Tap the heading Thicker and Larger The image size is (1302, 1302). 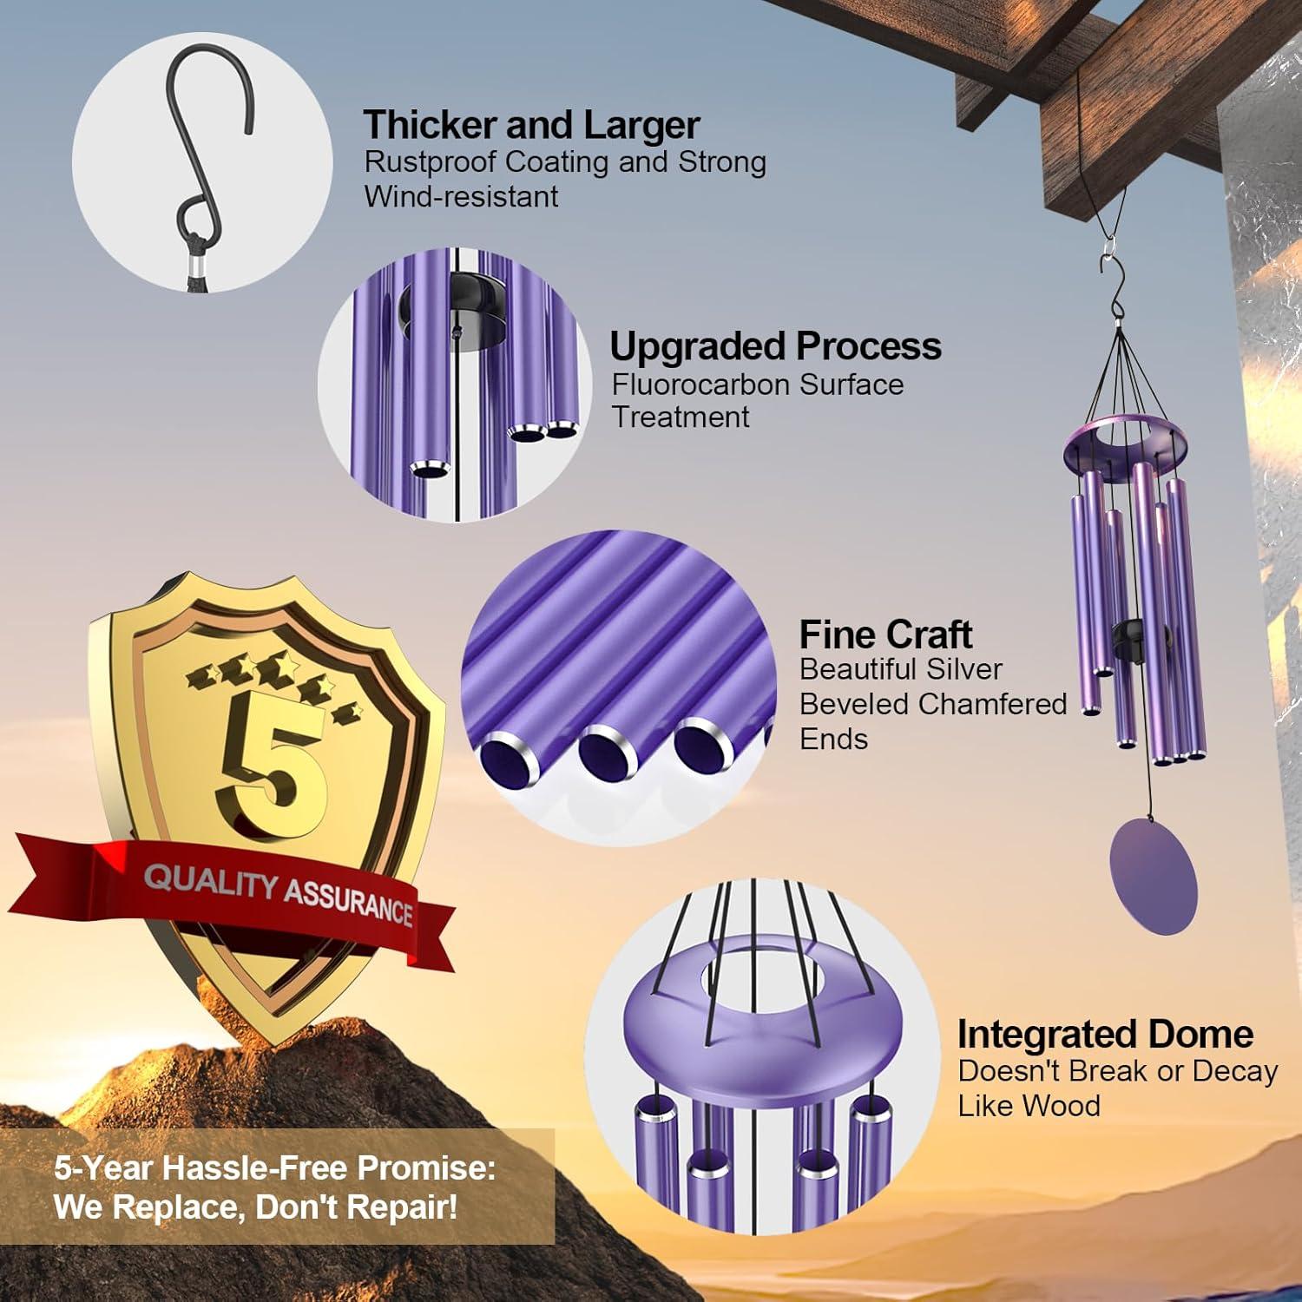531,125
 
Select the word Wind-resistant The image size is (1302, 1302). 461,196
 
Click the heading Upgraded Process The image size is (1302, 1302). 775,345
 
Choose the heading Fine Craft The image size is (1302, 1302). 885,635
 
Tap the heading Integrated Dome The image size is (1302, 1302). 1105,1034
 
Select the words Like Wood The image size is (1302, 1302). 1029,1106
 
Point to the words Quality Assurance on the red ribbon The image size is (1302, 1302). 278,894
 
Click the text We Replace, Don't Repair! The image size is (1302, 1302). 255,1207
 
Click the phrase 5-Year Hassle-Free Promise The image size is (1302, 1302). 274,1168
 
